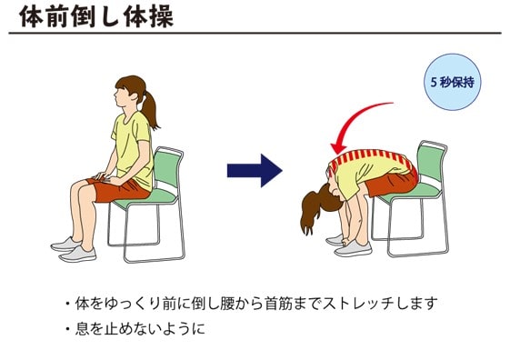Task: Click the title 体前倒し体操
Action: [x=96, y=16]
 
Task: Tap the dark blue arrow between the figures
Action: [x=255, y=171]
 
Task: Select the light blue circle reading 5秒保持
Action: [x=452, y=82]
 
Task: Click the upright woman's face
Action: [x=120, y=97]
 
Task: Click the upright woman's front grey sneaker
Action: [x=77, y=254]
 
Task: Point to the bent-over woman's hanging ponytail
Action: [x=311, y=212]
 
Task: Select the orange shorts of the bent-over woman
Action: [x=392, y=183]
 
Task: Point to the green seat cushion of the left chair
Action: [x=146, y=197]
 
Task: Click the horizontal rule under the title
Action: [x=255, y=33]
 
